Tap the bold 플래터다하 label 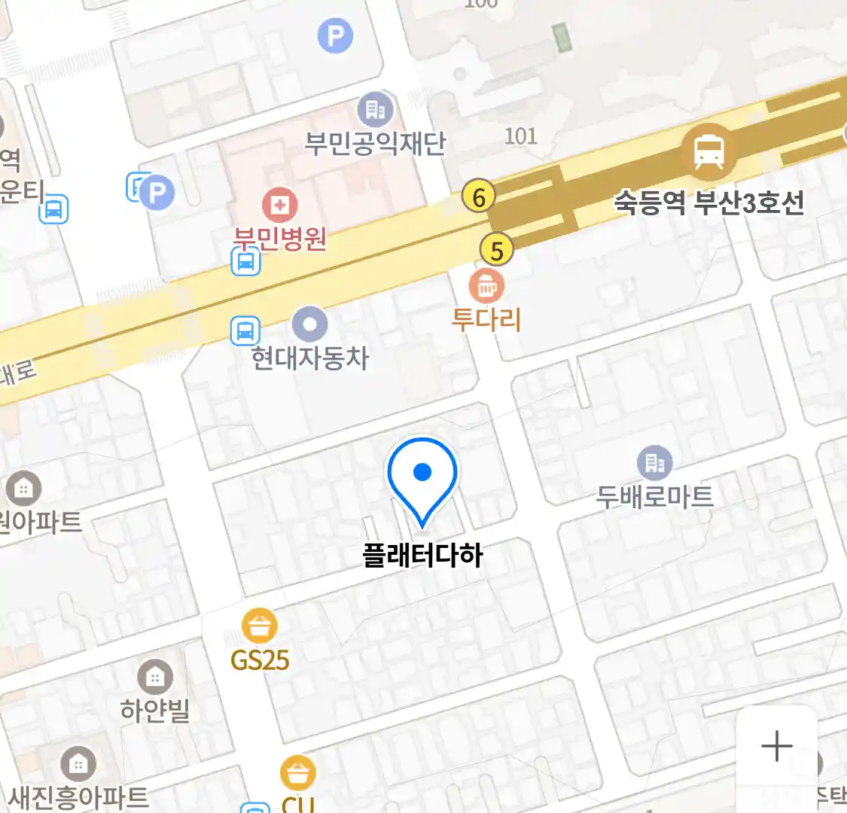coord(422,556)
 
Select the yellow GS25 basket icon coord(259,626)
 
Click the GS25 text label coord(260,660)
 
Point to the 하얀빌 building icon coord(155,677)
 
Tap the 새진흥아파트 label coord(79,797)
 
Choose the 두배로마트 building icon coord(654,463)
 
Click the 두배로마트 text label coord(654,497)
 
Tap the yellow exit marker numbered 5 coord(496,250)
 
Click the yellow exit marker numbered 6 coord(479,197)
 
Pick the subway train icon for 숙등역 coord(708,152)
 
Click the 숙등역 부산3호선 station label coord(708,202)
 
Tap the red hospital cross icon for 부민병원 coord(279,205)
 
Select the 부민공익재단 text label coord(375,143)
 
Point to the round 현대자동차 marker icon coord(309,325)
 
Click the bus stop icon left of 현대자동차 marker coord(245,330)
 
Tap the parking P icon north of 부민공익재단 coord(335,35)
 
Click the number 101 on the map coord(520,136)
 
